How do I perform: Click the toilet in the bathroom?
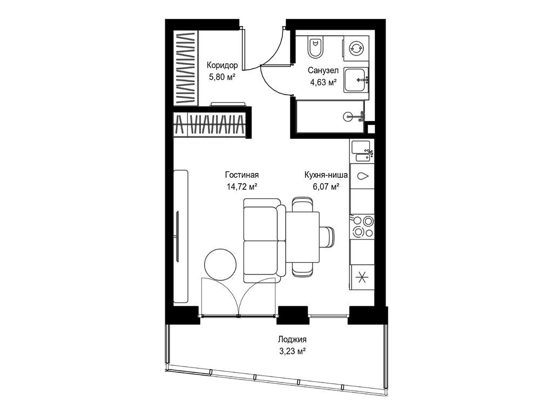coord(315,47)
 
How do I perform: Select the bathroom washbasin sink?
coord(356,80)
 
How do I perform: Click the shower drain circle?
coord(347,116)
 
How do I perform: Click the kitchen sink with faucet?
coord(362,151)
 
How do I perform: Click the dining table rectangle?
coord(302,237)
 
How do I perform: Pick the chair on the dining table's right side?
coord(327,237)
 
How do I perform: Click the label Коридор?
coord(222,65)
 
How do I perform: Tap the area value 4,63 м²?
coord(322,82)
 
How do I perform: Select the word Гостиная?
coord(242,175)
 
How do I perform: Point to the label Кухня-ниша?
coord(326,175)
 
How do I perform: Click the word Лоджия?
coord(292,339)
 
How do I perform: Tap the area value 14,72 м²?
coord(242,186)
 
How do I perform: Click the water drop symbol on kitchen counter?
coord(362,176)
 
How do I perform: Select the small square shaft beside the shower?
coord(370,128)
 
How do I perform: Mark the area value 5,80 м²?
coord(222,77)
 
